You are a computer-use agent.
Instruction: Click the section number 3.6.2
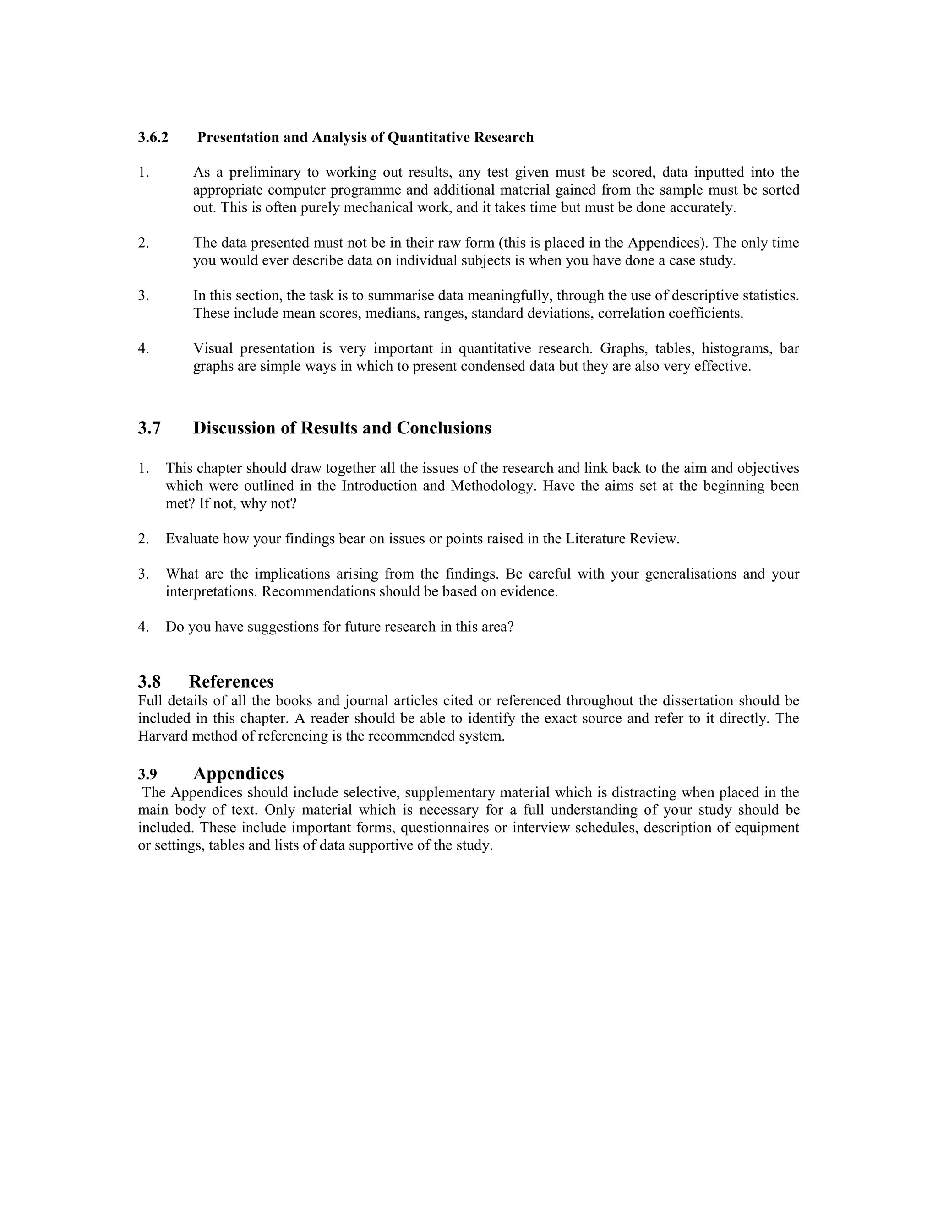pyautogui.click(x=153, y=137)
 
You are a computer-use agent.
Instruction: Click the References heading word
pyautogui.click(x=231, y=682)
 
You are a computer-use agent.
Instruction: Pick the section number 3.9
pyautogui.click(x=147, y=774)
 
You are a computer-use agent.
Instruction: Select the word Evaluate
pyautogui.click(x=192, y=539)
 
